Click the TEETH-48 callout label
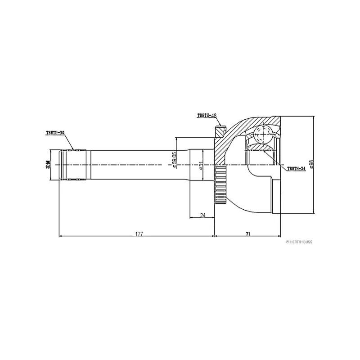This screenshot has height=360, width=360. point(207,116)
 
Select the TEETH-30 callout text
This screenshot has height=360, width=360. point(55,133)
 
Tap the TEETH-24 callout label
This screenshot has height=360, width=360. point(296,168)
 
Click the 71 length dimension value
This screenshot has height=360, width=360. point(248,234)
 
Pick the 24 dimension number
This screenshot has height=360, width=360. point(202,216)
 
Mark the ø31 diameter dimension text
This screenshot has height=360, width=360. point(201,165)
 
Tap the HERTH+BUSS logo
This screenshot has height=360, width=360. point(297,242)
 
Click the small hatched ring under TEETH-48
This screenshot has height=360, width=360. point(220,132)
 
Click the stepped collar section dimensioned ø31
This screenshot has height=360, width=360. point(196,165)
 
